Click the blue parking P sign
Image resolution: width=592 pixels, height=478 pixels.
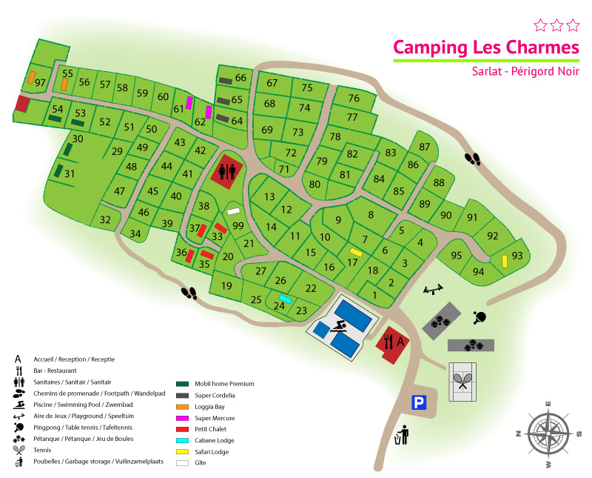pos(420,402)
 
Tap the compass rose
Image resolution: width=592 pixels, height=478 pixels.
pos(548,434)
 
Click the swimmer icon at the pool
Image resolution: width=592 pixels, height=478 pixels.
pos(340,326)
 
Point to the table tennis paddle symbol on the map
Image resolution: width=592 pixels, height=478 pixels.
pos(479,317)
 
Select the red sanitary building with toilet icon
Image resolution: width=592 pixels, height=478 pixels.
pos(228,170)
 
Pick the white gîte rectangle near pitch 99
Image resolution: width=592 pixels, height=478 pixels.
pos(234,211)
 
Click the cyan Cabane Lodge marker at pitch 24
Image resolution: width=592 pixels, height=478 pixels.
pos(285,299)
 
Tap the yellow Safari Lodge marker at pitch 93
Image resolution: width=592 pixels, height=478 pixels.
pos(504,261)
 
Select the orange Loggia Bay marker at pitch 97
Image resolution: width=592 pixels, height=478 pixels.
pos(32,76)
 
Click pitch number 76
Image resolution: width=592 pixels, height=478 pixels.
pos(354,99)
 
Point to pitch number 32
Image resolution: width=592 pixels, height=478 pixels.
pos(105,219)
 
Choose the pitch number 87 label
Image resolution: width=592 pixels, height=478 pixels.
pos(424,147)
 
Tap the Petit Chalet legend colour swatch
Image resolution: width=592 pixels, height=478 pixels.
pos(182,429)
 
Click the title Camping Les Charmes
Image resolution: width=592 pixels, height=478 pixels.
pos(485,47)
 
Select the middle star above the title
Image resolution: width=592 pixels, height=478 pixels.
pos(556,25)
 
